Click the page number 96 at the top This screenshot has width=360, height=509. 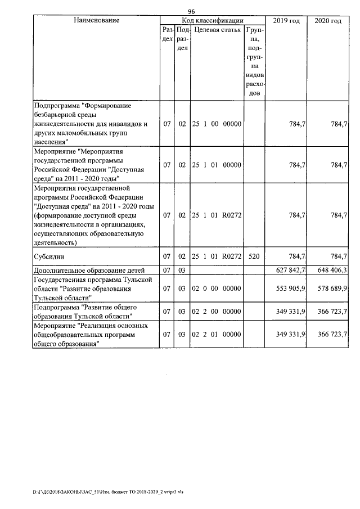click(191, 12)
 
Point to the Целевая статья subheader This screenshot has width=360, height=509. click(217, 30)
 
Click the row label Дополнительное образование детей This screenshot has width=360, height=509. click(89, 271)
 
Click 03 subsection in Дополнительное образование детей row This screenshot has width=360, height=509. click(182, 271)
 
